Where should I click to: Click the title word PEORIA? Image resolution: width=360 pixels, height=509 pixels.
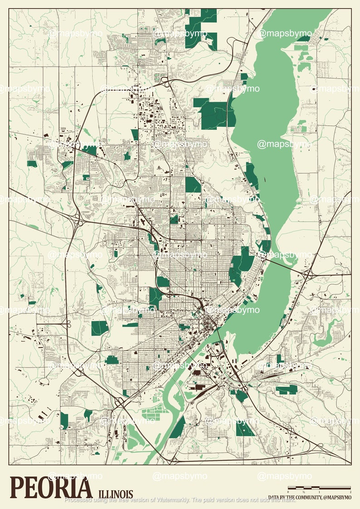(50, 488)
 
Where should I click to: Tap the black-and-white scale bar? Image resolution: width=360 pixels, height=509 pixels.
(319, 488)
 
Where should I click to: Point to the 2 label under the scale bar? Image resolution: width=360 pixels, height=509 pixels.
(350, 492)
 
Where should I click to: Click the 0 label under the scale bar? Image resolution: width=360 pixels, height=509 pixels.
(288, 492)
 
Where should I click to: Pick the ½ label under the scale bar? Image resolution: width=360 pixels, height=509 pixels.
(304, 492)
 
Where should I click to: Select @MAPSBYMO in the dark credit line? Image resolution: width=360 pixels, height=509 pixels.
(338, 497)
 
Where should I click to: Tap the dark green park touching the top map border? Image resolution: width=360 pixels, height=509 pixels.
(201, 27)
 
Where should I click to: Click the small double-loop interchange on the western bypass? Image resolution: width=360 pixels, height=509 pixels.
(63, 324)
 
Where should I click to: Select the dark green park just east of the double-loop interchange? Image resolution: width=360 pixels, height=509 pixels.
(99, 328)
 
